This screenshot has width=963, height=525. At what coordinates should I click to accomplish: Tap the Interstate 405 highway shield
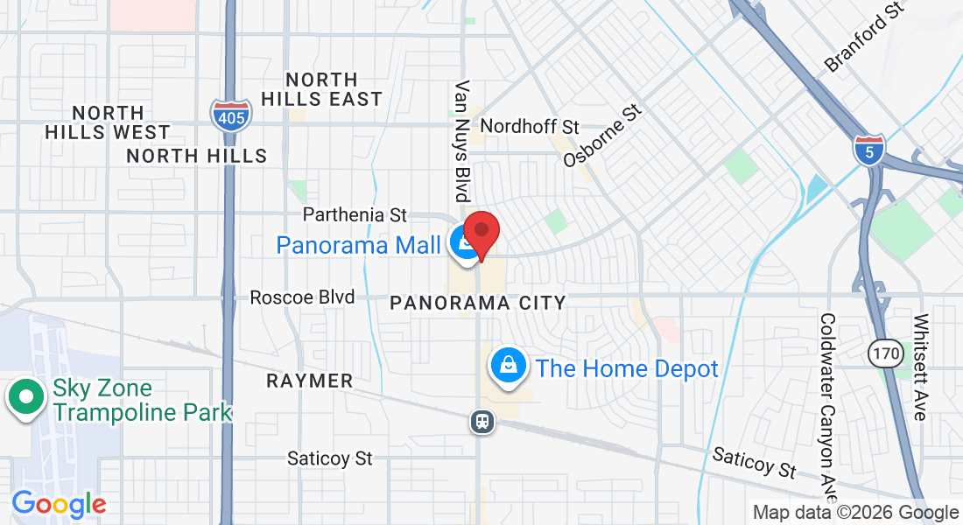tap(230, 114)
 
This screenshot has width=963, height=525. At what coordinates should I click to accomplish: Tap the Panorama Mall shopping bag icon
tap(462, 244)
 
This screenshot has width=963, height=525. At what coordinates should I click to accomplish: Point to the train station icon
tap(481, 423)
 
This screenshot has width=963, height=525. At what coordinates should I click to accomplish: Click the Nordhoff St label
tap(530, 127)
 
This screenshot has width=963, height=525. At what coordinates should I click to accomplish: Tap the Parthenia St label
tap(355, 214)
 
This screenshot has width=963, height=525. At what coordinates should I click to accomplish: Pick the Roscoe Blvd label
tap(302, 297)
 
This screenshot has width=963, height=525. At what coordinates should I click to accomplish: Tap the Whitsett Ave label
tap(919, 367)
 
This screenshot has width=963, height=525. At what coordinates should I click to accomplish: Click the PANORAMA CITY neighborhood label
tap(478, 303)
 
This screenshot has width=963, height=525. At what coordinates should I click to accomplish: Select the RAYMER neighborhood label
tap(309, 381)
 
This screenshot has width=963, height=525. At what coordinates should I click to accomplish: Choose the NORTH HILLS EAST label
tap(321, 89)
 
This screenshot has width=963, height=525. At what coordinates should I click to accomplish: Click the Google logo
tap(59, 504)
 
